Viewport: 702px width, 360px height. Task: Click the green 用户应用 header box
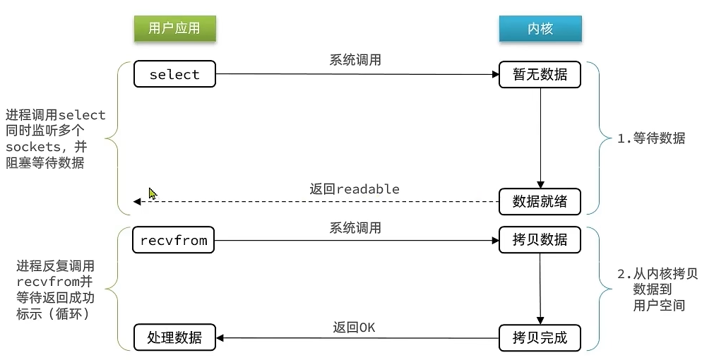tap(174, 28)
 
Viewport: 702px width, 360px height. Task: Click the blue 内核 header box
tap(540, 28)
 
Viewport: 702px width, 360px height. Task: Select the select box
tap(174, 74)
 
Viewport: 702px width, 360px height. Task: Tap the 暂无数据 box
tap(540, 74)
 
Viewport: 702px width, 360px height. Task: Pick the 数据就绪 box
tap(540, 201)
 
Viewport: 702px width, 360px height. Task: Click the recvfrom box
tap(174, 240)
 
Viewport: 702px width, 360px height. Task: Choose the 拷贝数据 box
tap(540, 240)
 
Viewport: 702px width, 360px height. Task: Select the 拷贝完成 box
tap(540, 337)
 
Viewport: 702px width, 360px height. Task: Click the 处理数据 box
tap(174, 337)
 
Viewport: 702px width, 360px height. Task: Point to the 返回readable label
tap(355, 189)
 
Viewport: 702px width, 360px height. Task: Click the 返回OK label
tap(355, 328)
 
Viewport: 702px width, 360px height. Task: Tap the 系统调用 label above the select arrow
tap(355, 60)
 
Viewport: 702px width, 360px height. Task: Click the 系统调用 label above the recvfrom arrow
tap(355, 227)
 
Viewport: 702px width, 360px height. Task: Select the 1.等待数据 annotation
tap(650, 138)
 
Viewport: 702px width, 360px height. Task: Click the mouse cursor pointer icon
tap(153, 193)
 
